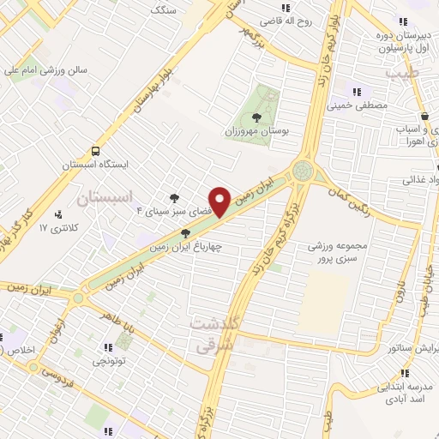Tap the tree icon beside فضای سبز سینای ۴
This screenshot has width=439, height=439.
pos(177,195)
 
